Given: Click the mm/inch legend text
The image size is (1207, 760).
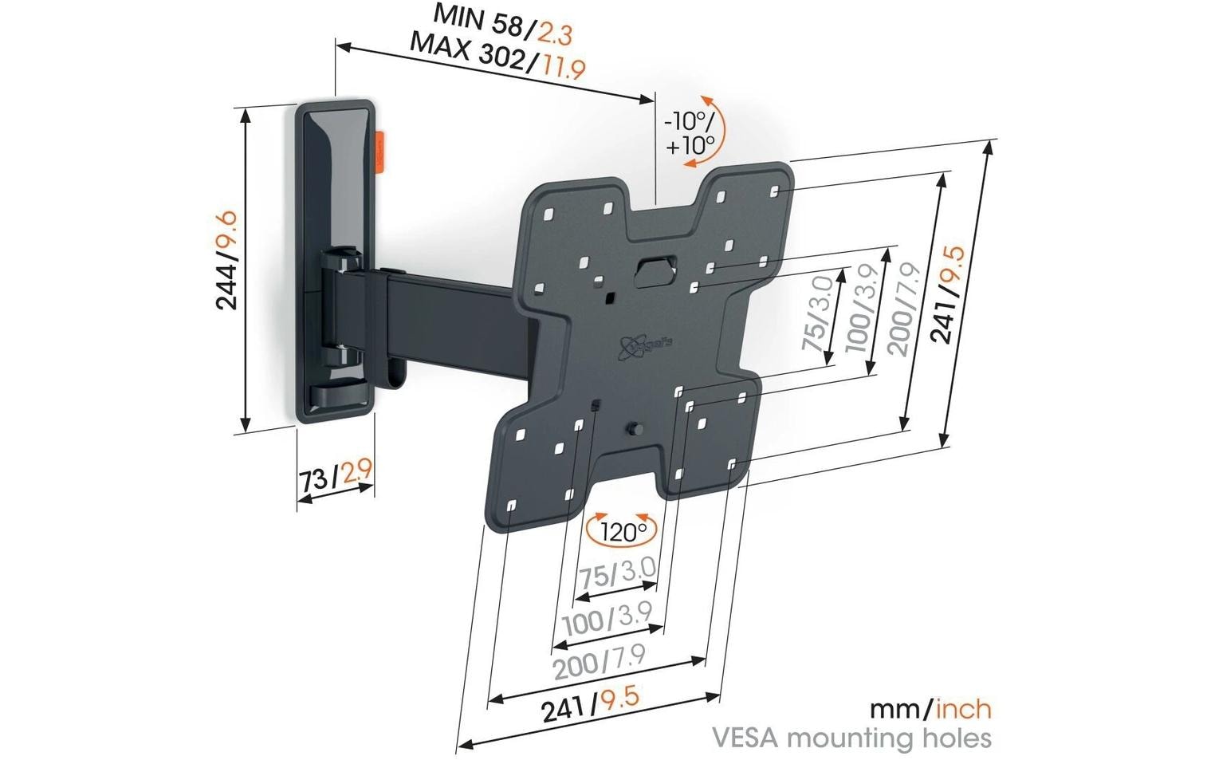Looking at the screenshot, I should point(930,708).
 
